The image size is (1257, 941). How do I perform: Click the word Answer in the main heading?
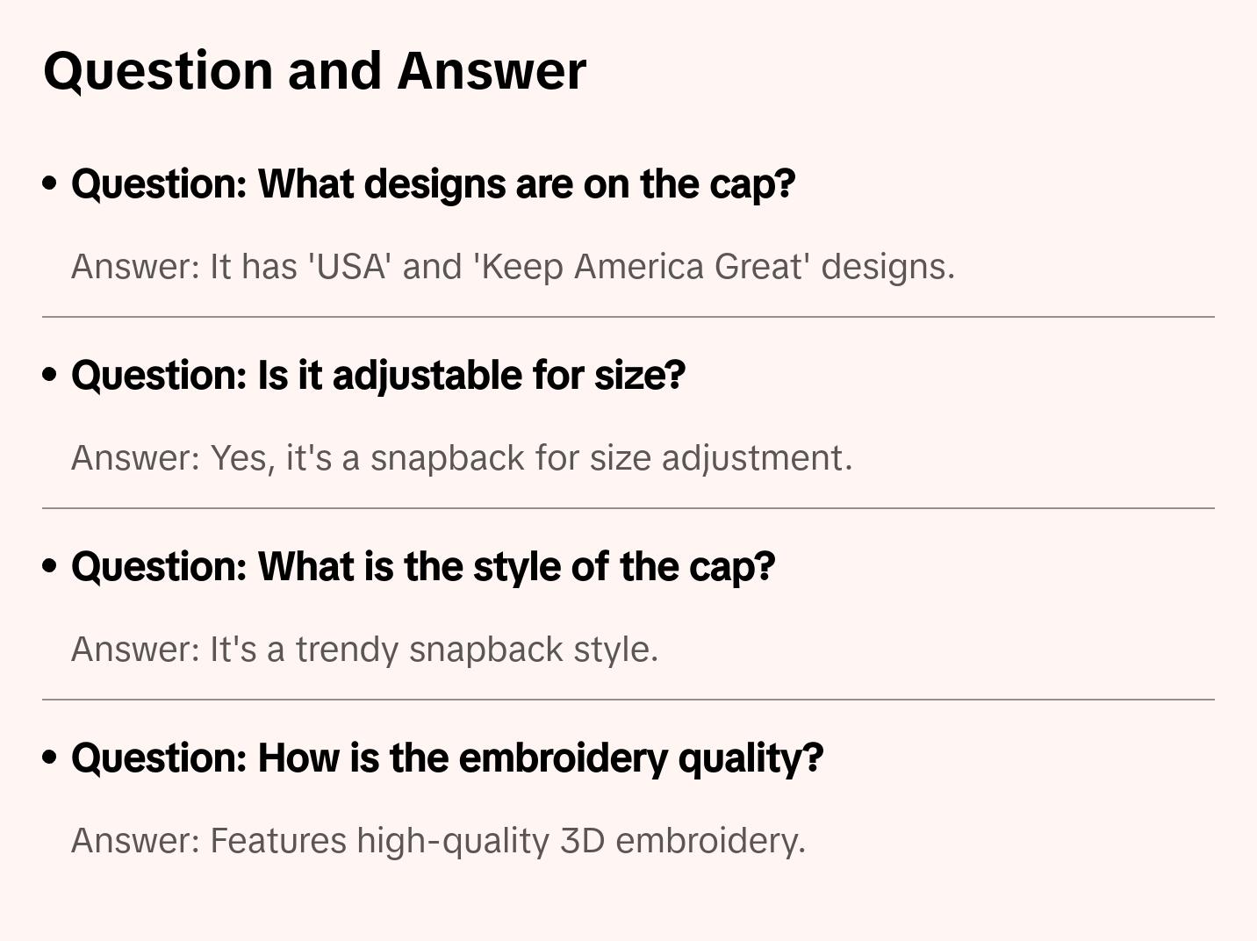492,71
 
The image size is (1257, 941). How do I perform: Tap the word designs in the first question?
435,185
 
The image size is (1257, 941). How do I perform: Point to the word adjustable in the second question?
427,377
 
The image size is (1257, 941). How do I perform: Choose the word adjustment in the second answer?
757,458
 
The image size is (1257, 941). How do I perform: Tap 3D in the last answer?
582,841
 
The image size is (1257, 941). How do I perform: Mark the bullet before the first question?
50,183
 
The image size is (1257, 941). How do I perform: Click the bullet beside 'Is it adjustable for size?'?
50,375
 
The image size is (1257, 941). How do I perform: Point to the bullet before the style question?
50,566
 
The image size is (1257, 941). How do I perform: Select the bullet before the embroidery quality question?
50,758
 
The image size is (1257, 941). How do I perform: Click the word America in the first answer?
638,267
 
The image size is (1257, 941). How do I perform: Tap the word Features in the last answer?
279,841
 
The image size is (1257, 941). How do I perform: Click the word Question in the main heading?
158,72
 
